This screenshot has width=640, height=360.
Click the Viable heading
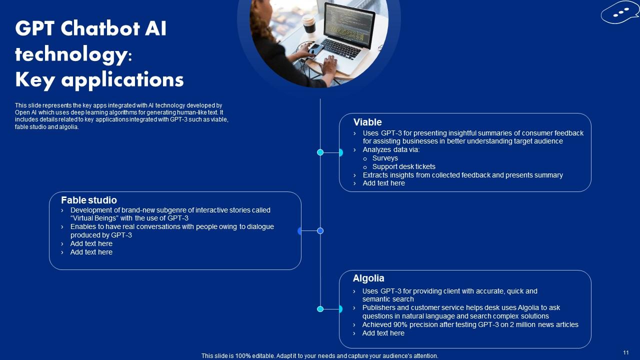(367, 122)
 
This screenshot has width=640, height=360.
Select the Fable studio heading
(89, 200)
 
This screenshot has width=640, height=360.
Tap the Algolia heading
(368, 278)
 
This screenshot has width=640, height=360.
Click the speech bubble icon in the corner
(619, 12)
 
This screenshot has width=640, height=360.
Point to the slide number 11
(626, 352)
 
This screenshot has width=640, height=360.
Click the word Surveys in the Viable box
(385, 158)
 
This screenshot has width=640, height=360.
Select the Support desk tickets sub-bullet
(403, 166)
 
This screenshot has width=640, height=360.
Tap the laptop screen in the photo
(348, 22)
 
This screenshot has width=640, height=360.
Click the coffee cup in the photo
(309, 23)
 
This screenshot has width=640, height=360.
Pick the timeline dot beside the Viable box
(320, 152)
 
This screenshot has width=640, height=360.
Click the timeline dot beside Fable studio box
(320, 230)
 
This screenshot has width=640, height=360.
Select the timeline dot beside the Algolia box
(320, 309)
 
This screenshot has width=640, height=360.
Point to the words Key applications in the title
(99, 79)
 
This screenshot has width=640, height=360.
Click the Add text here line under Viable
(383, 183)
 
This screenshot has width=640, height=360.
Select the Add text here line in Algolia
(383, 333)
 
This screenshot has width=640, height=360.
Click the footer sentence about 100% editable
(319, 356)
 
